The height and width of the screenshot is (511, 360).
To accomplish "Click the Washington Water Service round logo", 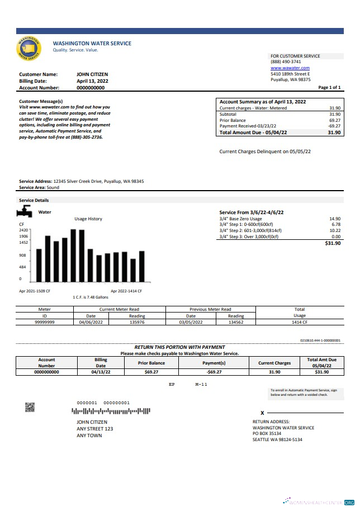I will tap(29, 49).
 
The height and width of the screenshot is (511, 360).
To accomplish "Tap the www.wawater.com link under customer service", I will tap(290, 68).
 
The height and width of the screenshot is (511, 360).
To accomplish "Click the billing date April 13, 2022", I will tap(92, 81).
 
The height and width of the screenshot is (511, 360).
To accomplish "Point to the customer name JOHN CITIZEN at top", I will tap(92, 74).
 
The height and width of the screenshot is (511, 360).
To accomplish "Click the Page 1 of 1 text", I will tap(329, 88).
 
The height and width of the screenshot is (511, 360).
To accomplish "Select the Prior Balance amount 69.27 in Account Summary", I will tap(334, 120).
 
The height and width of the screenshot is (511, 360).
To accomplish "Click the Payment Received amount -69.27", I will tap(334, 126).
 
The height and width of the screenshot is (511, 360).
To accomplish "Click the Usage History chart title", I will tap(88, 219).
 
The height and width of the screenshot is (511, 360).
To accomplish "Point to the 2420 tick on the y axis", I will tap(23, 230).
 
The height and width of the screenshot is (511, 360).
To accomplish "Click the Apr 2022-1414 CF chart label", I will tap(126, 291).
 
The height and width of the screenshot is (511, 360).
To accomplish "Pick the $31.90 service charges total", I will tap(333, 243).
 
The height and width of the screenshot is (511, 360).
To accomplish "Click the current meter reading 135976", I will tap(137, 322).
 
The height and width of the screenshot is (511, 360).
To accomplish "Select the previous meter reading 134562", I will tap(236, 322).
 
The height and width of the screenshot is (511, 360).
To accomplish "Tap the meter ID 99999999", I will tap(45, 322).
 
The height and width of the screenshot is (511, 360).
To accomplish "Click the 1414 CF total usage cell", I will tap(300, 322).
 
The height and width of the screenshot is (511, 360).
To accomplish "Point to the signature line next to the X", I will tap(305, 412).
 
